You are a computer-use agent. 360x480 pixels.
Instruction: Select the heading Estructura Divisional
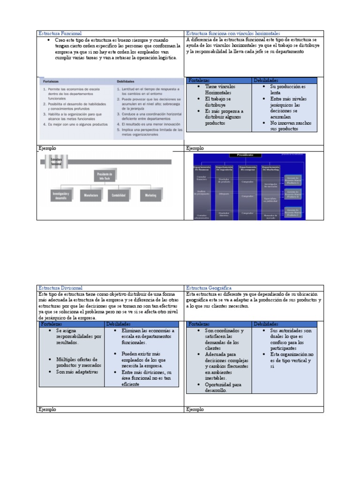pos(60,288)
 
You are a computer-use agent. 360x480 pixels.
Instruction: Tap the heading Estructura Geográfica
pos(209,288)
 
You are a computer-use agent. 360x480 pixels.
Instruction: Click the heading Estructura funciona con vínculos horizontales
pos(233,34)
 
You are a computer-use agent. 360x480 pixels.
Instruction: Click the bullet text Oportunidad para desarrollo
pos(223,387)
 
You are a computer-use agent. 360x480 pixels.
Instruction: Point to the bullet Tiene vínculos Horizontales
pos(220,90)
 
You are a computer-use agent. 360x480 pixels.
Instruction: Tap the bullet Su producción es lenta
pos(287,90)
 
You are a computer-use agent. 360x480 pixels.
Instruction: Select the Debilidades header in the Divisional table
pos(118,324)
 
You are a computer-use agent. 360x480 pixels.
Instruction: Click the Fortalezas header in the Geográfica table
pos(199,324)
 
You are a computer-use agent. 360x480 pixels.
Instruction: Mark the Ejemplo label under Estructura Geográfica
pos(195,409)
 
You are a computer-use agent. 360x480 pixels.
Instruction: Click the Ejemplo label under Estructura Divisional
pos(47,409)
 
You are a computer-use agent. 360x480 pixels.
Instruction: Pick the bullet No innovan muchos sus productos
pos(291,126)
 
